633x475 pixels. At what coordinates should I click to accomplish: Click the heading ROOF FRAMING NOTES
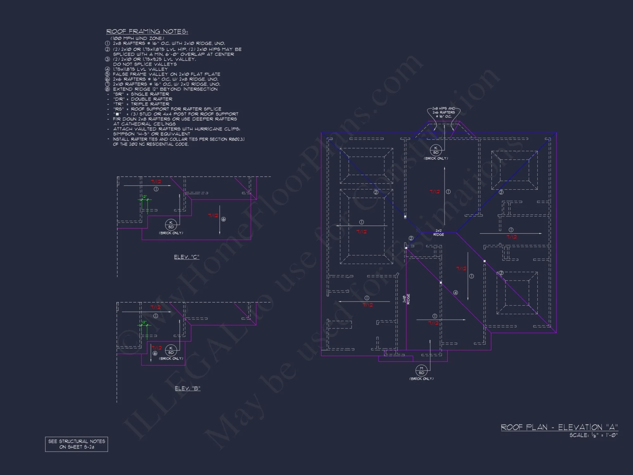147,31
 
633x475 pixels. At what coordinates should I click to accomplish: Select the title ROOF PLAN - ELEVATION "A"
559,427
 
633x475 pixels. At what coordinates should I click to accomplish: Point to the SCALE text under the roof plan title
593,435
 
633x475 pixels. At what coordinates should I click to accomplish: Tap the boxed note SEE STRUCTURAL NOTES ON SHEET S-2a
77,444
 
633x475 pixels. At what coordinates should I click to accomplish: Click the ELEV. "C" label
186,257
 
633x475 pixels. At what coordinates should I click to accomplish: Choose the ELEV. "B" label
187,388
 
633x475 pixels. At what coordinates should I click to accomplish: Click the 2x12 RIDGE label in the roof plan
438,233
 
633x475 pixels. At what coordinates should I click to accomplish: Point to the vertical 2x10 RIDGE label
406,299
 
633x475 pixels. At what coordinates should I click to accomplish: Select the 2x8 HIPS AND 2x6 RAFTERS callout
443,112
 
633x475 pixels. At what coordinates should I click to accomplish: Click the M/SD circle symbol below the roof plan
421,370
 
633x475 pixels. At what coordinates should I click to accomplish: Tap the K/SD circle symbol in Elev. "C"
171,225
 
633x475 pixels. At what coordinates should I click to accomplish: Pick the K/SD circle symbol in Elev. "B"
171,350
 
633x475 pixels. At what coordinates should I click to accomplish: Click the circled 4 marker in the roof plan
455,293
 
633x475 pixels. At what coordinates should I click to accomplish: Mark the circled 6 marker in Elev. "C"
223,219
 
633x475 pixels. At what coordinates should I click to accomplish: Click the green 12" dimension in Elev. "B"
144,322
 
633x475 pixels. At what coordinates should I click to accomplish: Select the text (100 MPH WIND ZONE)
137,38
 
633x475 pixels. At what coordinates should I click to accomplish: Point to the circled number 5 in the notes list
108,74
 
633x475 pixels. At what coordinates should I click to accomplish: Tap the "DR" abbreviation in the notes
119,99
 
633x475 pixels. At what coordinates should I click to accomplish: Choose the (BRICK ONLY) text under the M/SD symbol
421,379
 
